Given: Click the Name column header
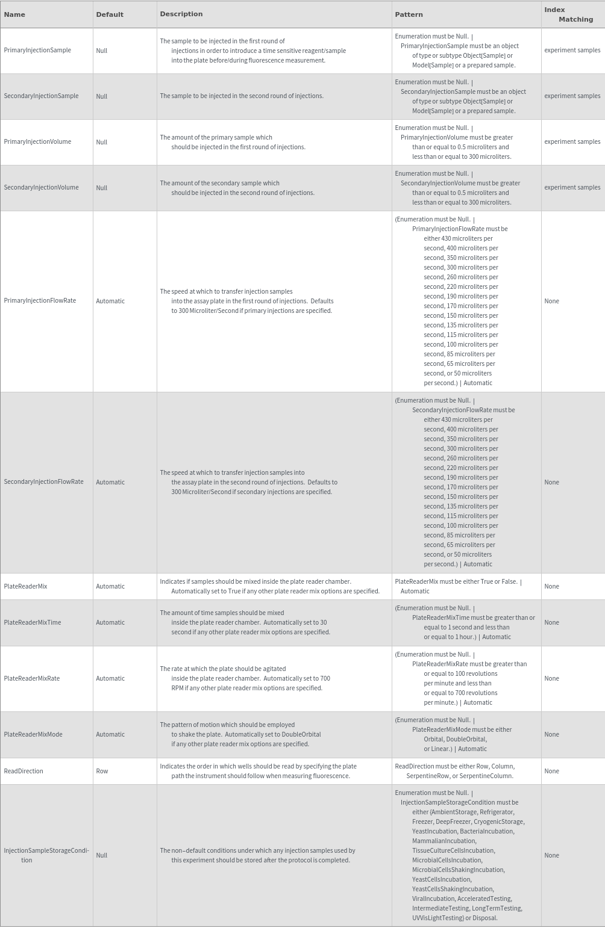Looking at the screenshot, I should click(x=14, y=14).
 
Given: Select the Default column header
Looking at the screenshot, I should click(x=110, y=14).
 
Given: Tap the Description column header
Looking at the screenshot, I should click(x=181, y=14).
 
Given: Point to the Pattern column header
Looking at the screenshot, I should click(x=409, y=14).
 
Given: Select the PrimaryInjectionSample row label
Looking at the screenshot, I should click(x=37, y=51).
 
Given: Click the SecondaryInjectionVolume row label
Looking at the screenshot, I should click(x=41, y=188).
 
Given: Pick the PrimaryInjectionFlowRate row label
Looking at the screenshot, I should click(x=40, y=301).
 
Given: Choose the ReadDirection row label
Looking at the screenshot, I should click(x=24, y=772).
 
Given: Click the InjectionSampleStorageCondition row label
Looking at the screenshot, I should click(x=46, y=855).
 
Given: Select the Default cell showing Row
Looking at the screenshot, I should click(x=102, y=772).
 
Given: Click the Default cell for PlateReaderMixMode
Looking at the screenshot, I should click(x=110, y=735).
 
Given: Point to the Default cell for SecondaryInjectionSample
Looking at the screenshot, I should click(x=101, y=96).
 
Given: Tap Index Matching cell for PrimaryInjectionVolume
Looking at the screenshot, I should click(x=572, y=142).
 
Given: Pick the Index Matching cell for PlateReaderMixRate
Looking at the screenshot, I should click(x=551, y=679).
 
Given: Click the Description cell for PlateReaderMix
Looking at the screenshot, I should click(x=269, y=586).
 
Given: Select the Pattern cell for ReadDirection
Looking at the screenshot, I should click(x=454, y=771).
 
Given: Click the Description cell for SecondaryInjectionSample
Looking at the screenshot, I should click(x=242, y=96).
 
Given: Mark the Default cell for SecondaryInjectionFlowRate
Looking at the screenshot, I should click(x=110, y=483).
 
